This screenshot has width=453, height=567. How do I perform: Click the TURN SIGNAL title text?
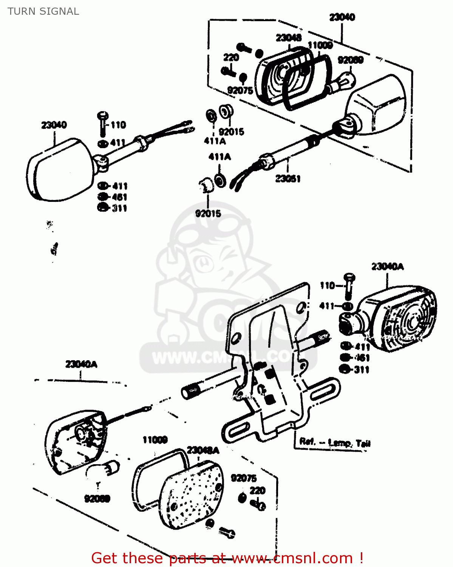pos(43,11)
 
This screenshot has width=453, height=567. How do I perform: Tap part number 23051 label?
pos(288,178)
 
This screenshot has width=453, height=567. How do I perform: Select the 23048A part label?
pos(203,450)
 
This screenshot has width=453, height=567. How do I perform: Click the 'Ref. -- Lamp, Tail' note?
pos(335,442)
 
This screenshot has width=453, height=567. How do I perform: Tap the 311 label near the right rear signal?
pos(361,370)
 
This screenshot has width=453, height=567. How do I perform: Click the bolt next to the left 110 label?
pos(102,123)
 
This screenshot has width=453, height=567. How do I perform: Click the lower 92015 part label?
pos(208,214)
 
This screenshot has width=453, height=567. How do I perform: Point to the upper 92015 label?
pos(232,132)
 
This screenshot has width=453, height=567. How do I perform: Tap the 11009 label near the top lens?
pos(320,45)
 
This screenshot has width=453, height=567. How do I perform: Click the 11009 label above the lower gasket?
pos(155,440)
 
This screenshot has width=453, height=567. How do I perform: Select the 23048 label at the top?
pos(289,37)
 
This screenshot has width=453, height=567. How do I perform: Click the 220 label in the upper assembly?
pos(231,57)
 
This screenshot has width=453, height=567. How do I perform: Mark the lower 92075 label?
pos(244,478)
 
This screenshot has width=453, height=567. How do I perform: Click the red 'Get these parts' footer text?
pos(227,558)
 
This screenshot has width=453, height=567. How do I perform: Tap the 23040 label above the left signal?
pos(54,125)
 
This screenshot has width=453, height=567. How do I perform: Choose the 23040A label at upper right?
pos(387,267)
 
